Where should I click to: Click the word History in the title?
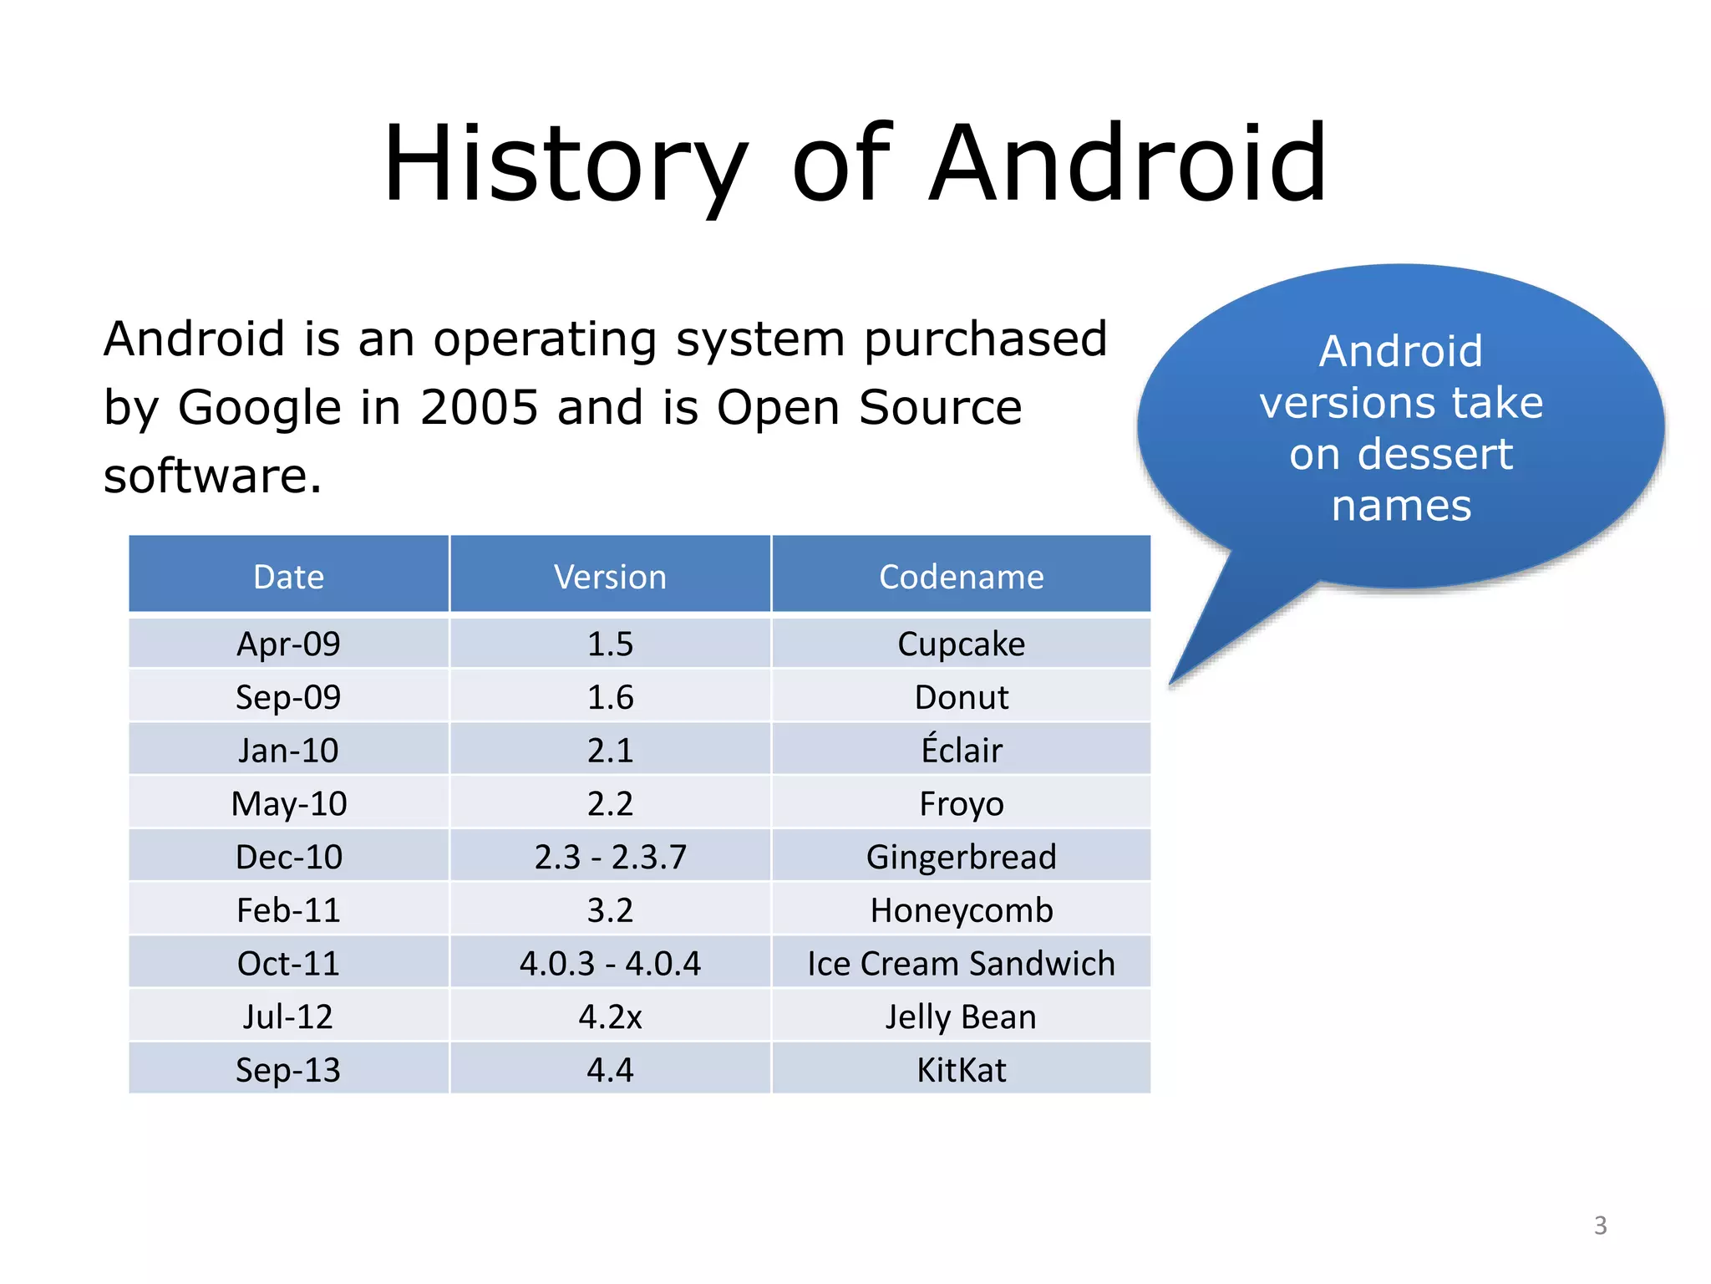point(565,163)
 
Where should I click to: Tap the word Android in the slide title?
point(1128,163)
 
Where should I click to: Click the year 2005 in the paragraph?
point(479,408)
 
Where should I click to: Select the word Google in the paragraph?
point(260,408)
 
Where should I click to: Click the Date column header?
point(289,577)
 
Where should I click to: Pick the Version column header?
point(610,577)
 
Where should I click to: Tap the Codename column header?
point(961,577)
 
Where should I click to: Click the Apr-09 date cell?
point(289,644)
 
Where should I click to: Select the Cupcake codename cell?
point(961,644)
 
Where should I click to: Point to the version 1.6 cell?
point(610,697)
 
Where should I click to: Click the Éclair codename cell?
point(961,750)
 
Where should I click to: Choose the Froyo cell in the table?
point(961,803)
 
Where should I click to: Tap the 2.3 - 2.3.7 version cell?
point(610,857)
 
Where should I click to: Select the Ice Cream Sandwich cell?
point(961,963)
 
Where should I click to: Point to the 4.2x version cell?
point(610,1016)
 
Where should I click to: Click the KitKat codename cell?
point(961,1070)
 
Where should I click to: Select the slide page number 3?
point(1600,1225)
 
